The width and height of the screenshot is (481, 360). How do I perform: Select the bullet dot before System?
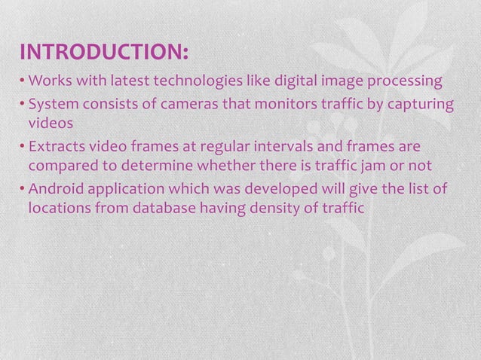(22, 103)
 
